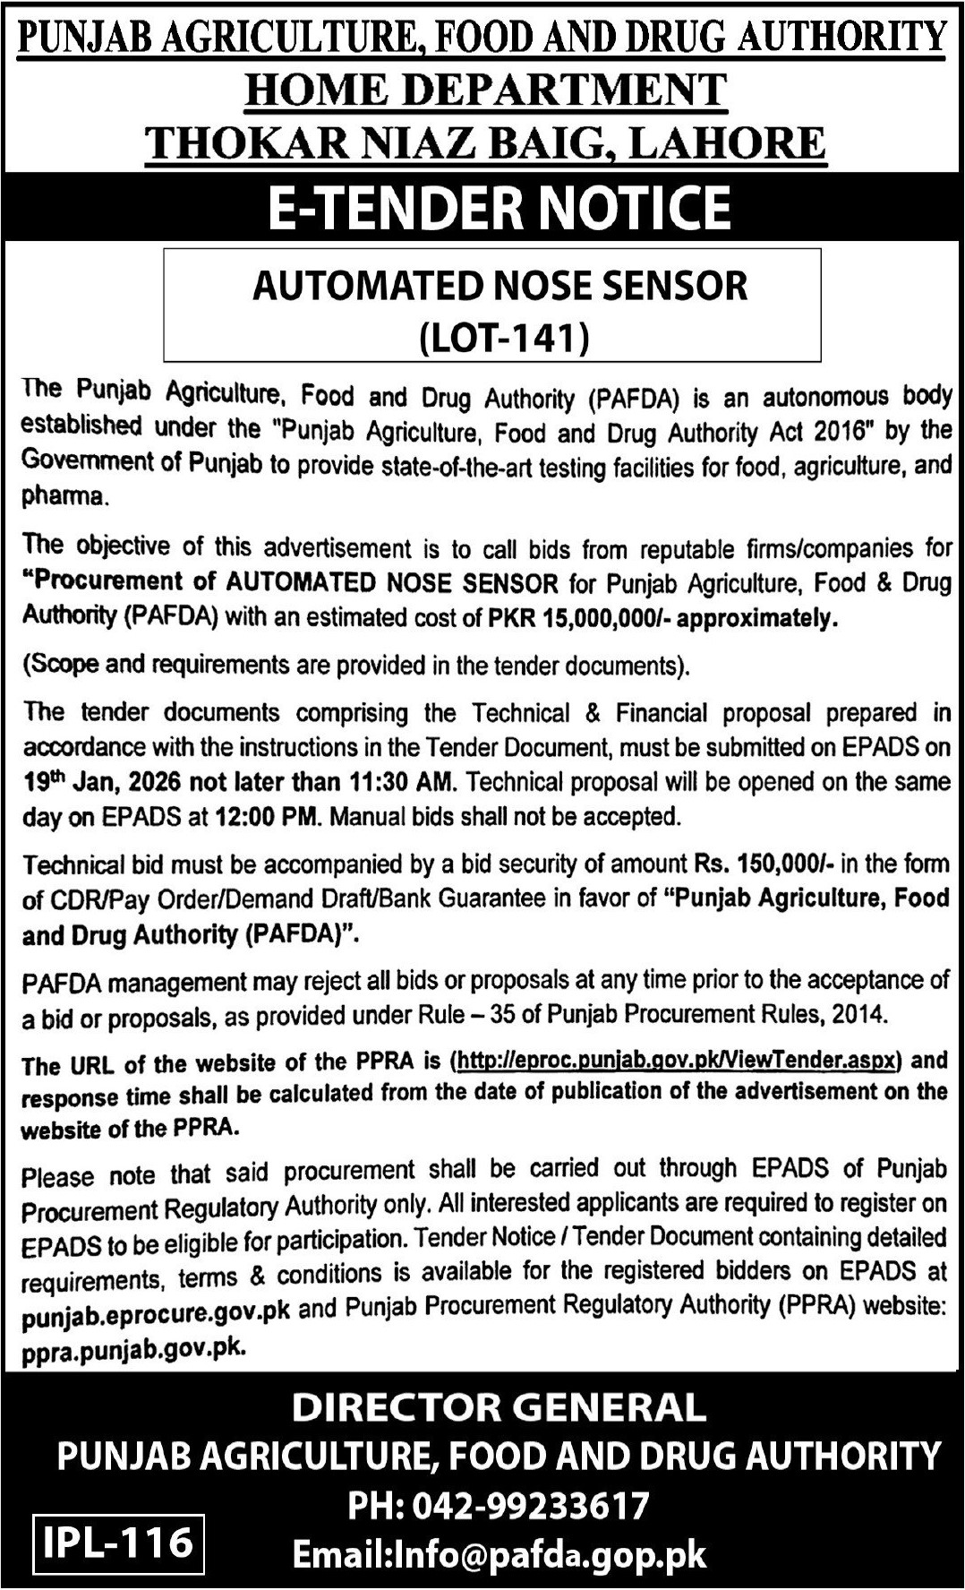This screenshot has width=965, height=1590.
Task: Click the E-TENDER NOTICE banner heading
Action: [500, 207]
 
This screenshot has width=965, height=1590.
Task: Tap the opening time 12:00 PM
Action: [265, 817]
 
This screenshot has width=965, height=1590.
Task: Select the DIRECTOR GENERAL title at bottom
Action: [499, 1407]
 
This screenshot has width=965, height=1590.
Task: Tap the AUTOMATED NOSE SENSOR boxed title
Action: [500, 286]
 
